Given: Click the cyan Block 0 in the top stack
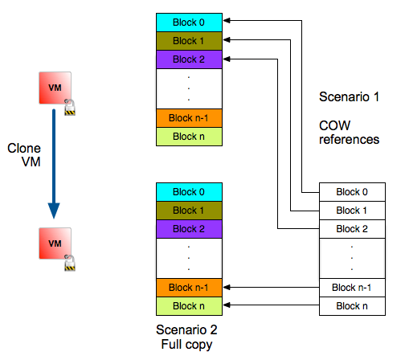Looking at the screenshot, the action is [x=189, y=22].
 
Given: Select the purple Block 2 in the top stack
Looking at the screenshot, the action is [x=189, y=59].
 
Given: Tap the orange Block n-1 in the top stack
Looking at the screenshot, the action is [x=189, y=118].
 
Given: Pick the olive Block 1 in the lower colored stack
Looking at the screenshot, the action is [x=189, y=211].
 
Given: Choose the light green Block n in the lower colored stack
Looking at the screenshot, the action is [x=189, y=306].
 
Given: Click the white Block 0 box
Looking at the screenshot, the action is [x=352, y=192].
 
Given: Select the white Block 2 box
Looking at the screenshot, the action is [x=352, y=229].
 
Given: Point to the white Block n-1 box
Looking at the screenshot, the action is [x=352, y=288].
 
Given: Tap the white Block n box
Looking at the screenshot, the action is [x=352, y=306].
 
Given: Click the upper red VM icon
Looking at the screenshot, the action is [x=55, y=88].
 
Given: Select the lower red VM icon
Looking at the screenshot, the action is [x=55, y=243].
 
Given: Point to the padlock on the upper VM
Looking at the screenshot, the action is [x=70, y=107].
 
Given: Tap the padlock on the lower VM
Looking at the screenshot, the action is [x=70, y=263].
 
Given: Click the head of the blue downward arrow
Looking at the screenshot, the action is [x=54, y=211].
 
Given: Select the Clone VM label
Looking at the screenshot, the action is [x=24, y=155].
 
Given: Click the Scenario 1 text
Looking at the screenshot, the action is [x=349, y=96].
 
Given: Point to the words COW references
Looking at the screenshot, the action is [x=349, y=133].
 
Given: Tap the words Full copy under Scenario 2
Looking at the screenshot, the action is [x=186, y=345].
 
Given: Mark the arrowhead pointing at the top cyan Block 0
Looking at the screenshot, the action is [x=227, y=20].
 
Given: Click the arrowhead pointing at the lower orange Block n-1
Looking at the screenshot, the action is [x=227, y=288].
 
